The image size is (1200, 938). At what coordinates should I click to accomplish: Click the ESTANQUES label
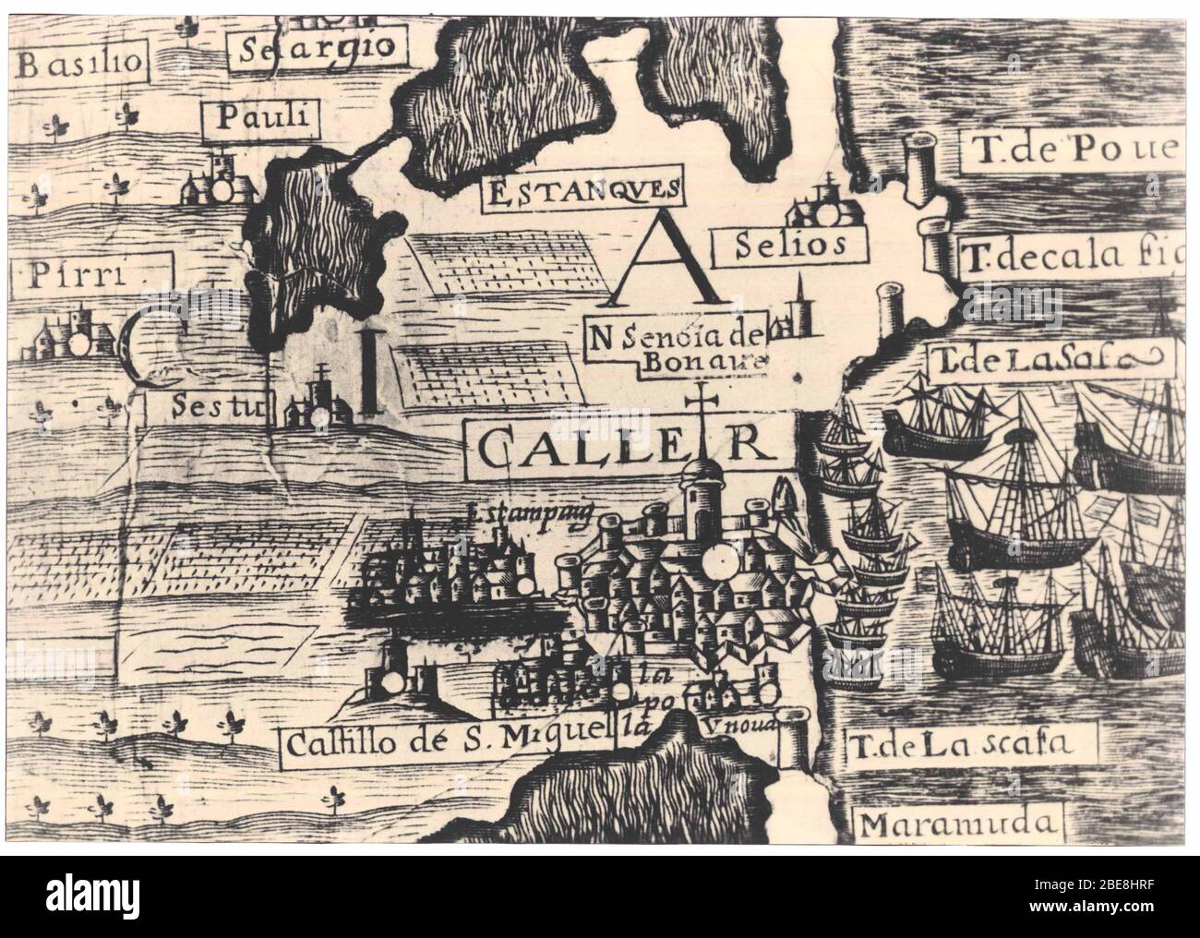[582, 192]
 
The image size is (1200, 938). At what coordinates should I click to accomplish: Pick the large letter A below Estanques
[665, 262]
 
